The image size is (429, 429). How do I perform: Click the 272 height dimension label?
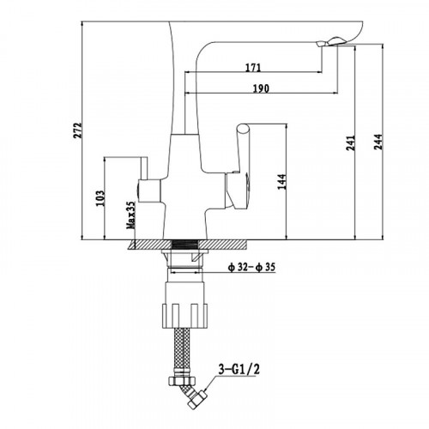(x=77, y=130)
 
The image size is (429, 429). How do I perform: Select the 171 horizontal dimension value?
(x=253, y=68)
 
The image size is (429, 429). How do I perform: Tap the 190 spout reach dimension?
(x=261, y=88)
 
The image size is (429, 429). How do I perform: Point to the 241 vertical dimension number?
(x=350, y=142)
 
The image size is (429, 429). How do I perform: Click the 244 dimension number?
(x=378, y=142)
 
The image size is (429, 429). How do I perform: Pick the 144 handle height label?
(x=281, y=181)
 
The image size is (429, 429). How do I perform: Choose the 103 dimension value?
(x=100, y=198)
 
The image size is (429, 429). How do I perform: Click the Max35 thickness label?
(x=131, y=215)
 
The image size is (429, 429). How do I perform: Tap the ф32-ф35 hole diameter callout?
(x=251, y=267)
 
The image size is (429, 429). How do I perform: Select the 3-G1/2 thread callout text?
(x=239, y=370)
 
